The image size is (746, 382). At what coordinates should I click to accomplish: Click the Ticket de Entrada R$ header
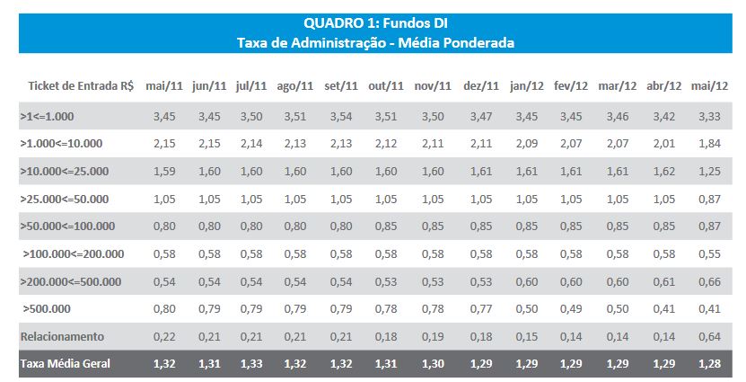(81, 86)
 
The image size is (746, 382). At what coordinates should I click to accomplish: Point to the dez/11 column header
(481, 86)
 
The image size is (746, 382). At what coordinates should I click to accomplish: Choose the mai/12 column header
(709, 86)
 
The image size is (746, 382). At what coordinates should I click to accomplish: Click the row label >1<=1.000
(48, 118)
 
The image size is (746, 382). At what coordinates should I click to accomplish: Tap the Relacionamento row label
(63, 337)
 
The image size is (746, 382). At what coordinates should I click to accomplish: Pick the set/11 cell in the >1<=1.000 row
(341, 118)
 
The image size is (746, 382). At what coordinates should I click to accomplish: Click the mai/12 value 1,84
(709, 145)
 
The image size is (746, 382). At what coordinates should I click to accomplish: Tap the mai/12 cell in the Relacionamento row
(709, 337)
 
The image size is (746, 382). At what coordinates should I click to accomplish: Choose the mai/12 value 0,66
(709, 282)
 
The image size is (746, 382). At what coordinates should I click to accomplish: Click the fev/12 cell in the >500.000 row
(571, 310)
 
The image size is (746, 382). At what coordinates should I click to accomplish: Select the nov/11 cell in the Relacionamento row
(433, 337)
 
